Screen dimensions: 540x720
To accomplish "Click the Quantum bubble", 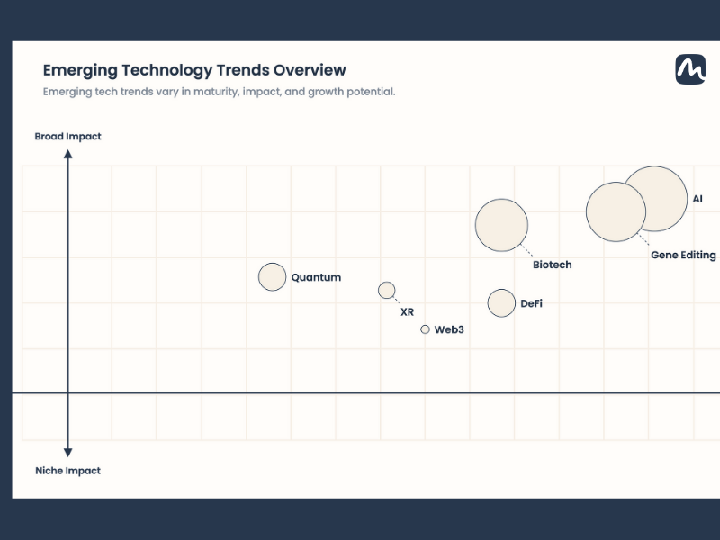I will (272, 277).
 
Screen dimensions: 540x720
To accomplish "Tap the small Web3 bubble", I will (425, 329).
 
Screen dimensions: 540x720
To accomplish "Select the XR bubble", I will (386, 290).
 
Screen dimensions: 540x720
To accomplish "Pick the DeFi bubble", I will (501, 303).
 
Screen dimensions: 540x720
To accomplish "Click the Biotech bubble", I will (501, 225).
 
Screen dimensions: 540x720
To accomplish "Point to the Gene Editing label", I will (683, 256).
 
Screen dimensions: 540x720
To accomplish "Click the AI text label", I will (697, 199).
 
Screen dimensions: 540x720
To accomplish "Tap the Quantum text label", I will (316, 278).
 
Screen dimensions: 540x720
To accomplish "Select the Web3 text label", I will (449, 330).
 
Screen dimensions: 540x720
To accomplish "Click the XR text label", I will (407, 312).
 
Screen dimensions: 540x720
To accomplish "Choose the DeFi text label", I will (531, 304).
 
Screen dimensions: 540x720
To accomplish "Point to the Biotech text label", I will (552, 265).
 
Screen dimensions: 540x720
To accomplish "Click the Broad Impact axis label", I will (67, 137).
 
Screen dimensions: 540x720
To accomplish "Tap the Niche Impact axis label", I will (67, 471).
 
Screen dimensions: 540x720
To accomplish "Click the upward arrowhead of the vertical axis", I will (67, 154).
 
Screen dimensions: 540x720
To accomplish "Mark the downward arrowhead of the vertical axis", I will (67, 452).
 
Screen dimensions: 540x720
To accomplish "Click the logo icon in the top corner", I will (690, 69).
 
